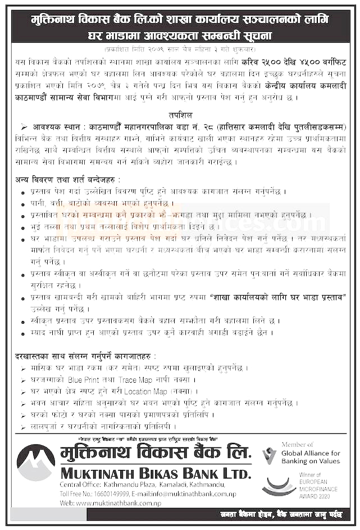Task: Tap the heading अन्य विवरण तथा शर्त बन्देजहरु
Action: coord(67,179)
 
